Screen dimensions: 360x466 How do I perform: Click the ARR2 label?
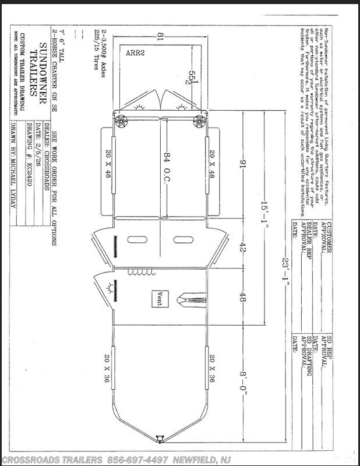click(136, 52)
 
